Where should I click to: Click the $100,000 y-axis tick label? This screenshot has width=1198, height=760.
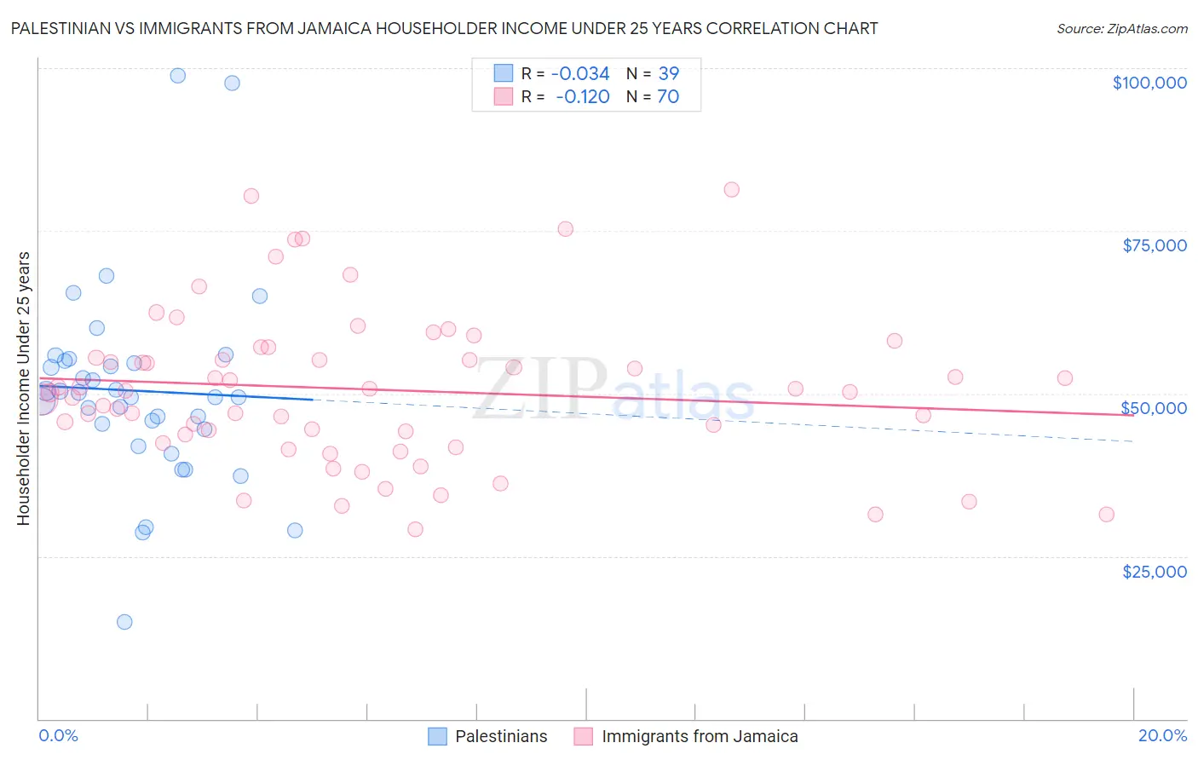pyautogui.click(x=1149, y=83)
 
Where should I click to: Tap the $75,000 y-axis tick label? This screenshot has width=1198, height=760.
pyautogui.click(x=1154, y=245)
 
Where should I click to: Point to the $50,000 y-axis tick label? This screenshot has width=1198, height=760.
pyautogui.click(x=1154, y=408)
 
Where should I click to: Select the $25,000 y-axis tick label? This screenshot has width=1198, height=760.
pyautogui.click(x=1154, y=572)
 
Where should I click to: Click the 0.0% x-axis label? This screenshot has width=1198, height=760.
pyautogui.click(x=58, y=735)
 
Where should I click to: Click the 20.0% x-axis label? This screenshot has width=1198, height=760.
pyautogui.click(x=1162, y=735)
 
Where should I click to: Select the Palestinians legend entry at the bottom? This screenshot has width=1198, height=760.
pyautogui.click(x=488, y=736)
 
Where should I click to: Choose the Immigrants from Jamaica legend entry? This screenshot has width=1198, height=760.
pyautogui.click(x=687, y=736)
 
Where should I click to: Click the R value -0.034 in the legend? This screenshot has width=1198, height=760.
pyautogui.click(x=579, y=74)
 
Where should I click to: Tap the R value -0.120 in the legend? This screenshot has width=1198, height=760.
pyautogui.click(x=582, y=97)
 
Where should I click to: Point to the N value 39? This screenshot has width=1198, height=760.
pyautogui.click(x=668, y=74)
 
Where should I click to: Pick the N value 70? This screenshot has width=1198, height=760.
pyautogui.click(x=668, y=97)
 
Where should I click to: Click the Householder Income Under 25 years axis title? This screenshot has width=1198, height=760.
pyautogui.click(x=23, y=388)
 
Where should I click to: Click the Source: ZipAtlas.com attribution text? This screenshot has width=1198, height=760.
pyautogui.click(x=1121, y=29)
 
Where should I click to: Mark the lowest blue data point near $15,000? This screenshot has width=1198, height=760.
pyautogui.click(x=124, y=622)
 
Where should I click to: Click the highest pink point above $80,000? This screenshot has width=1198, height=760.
pyautogui.click(x=731, y=190)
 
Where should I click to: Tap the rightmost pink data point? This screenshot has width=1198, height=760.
pyautogui.click(x=1106, y=515)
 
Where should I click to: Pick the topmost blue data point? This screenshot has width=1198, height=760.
pyautogui.click(x=177, y=76)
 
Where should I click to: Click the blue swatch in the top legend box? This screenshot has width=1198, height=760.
pyautogui.click(x=504, y=73)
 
